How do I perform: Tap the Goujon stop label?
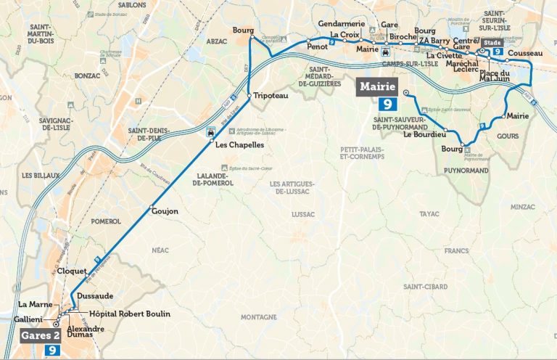pos(165,211)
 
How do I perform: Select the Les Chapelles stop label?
pos(239,145)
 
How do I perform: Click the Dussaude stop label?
pos(95,296)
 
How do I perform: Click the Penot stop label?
pos(318,46)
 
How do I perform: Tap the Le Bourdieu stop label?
pos(424,134)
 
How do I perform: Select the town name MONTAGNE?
pos(259,317)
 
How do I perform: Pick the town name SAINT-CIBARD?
pos(425,287)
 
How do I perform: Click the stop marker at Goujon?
pos(151,210)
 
